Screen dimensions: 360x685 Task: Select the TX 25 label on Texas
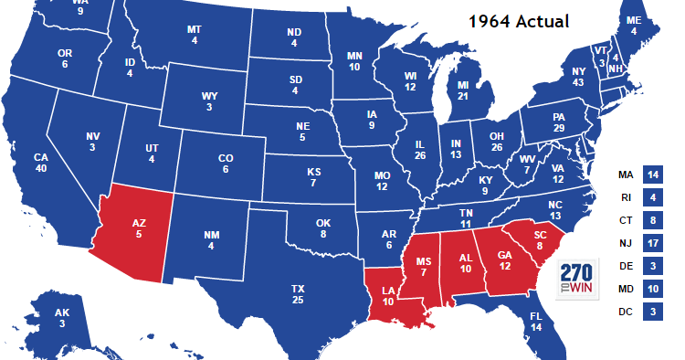point(298,294)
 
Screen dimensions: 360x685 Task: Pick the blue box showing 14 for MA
point(652,175)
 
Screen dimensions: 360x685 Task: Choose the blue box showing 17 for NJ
point(652,243)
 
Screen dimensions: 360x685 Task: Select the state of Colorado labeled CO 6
point(226,164)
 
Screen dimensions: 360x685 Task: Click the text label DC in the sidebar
point(626,312)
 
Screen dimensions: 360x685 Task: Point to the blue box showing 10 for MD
point(652,290)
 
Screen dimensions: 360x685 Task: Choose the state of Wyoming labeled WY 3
point(209,101)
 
